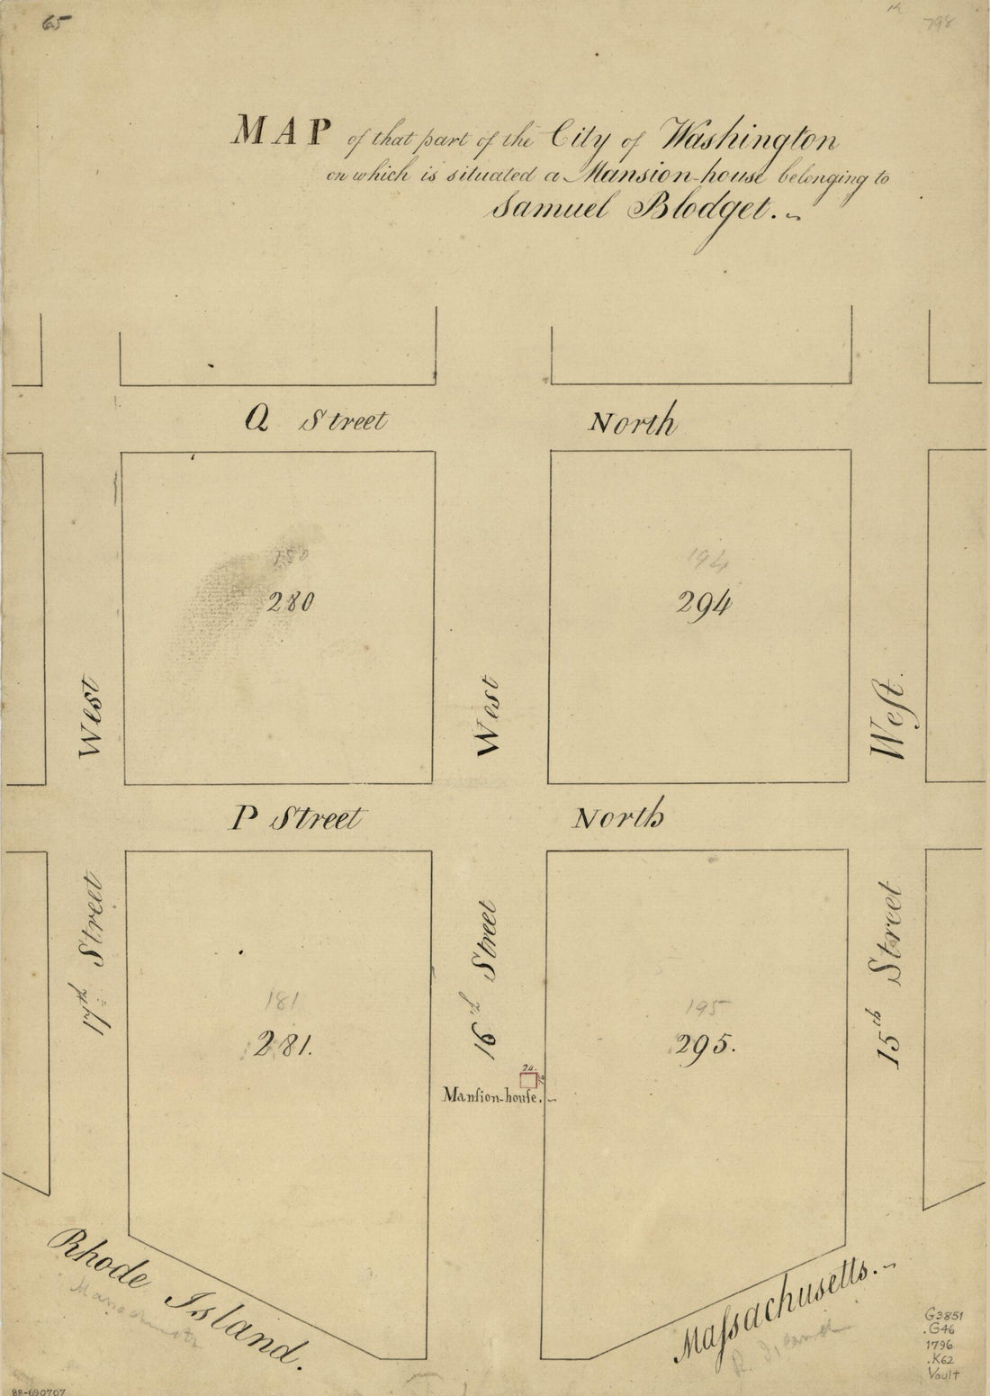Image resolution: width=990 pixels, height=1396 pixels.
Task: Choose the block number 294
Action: pyautogui.click(x=703, y=605)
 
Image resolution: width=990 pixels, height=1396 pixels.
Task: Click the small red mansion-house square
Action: pyautogui.click(x=528, y=1080)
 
